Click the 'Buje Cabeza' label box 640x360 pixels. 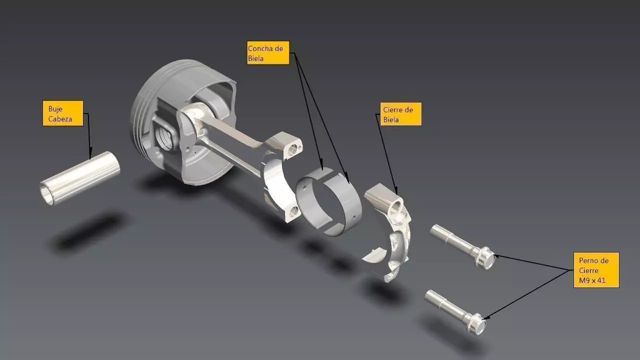(62, 113)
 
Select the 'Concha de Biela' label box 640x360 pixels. (268, 53)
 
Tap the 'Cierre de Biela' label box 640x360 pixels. (400, 114)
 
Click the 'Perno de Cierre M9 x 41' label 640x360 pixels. (595, 269)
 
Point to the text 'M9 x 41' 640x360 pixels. (592, 280)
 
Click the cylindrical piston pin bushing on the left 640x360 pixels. (80, 178)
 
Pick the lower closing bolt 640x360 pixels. (455, 310)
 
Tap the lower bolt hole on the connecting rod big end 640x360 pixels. (294, 212)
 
